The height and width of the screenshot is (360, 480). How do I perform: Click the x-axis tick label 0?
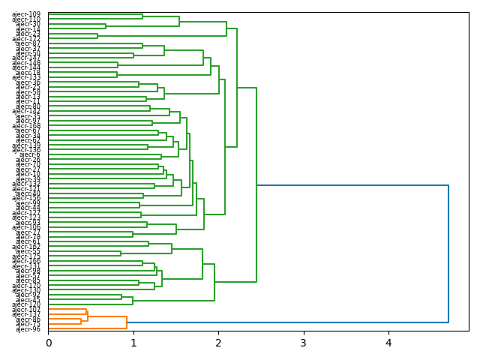pos(49,343)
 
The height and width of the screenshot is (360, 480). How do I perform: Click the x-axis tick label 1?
pos(133,343)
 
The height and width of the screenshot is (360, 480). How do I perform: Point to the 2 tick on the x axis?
pos(218,343)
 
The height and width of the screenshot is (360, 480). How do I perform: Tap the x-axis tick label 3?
pos(304,343)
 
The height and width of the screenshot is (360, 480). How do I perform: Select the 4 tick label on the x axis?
pos(388,343)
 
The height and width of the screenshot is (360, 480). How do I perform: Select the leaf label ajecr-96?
pos(28,329)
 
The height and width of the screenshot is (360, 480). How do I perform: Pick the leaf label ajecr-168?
pos(26,127)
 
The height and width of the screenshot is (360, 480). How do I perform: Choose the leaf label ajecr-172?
pos(26,38)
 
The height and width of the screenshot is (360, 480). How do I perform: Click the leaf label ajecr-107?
pos(26,309)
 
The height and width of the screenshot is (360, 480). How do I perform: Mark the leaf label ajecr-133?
pos(26,76)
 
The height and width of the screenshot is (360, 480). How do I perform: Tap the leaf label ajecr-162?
pos(26,247)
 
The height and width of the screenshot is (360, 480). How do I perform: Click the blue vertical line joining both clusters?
pos(448,253)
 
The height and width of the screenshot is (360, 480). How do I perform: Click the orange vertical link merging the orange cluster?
pos(127,322)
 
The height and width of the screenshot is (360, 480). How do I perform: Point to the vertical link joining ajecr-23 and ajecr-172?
pos(97,36)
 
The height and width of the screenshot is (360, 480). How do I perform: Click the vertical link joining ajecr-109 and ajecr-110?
pos(142,16)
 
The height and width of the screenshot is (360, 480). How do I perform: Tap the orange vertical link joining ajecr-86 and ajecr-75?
pos(81,321)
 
